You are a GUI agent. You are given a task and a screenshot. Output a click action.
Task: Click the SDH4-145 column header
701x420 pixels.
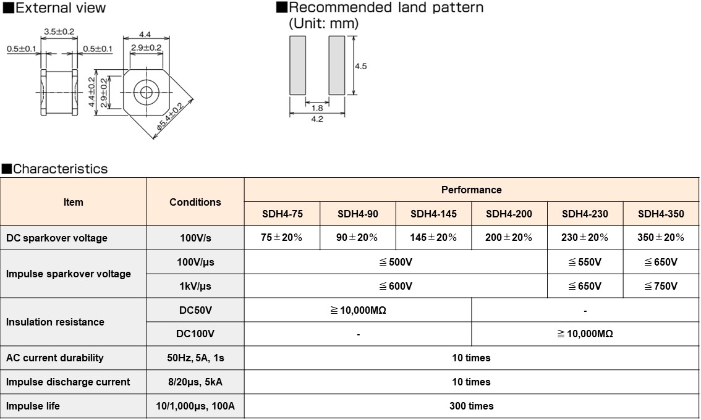[433, 214]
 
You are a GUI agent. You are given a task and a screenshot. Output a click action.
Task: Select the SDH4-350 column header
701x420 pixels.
[661, 214]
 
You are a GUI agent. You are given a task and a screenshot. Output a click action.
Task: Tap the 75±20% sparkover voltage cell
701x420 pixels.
[281, 238]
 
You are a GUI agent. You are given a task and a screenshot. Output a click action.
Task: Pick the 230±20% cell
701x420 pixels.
[585, 238]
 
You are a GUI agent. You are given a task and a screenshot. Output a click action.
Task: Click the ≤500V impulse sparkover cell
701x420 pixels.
[396, 262]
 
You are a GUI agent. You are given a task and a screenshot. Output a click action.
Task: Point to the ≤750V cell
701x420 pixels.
[661, 287]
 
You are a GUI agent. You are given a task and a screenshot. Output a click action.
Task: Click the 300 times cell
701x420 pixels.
[471, 406]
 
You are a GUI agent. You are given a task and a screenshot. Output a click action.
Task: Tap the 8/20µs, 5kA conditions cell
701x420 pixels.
[195, 382]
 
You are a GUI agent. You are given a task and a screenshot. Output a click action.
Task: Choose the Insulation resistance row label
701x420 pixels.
[55, 322]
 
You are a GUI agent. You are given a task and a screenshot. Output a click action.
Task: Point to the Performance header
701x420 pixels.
[471, 190]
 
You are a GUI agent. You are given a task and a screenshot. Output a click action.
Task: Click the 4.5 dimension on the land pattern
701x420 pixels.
[360, 66]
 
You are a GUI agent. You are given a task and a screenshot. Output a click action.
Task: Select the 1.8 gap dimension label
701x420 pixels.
[317, 107]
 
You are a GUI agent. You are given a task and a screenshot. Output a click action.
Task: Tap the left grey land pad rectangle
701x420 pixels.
[297, 65]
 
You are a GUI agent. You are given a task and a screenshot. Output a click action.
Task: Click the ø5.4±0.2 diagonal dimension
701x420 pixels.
[169, 117]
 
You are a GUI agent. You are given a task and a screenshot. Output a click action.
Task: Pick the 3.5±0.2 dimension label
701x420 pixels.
[59, 31]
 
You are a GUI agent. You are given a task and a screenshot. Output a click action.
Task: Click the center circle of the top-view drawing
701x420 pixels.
[147, 93]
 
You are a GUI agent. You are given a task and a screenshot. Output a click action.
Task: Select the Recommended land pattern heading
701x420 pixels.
[386, 8]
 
